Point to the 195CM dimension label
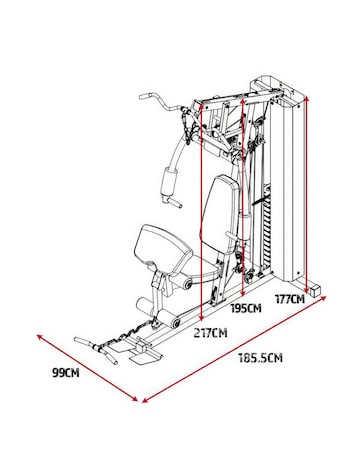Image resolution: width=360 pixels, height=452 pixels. coord(244,309)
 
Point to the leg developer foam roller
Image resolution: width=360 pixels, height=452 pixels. coord(172,322)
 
